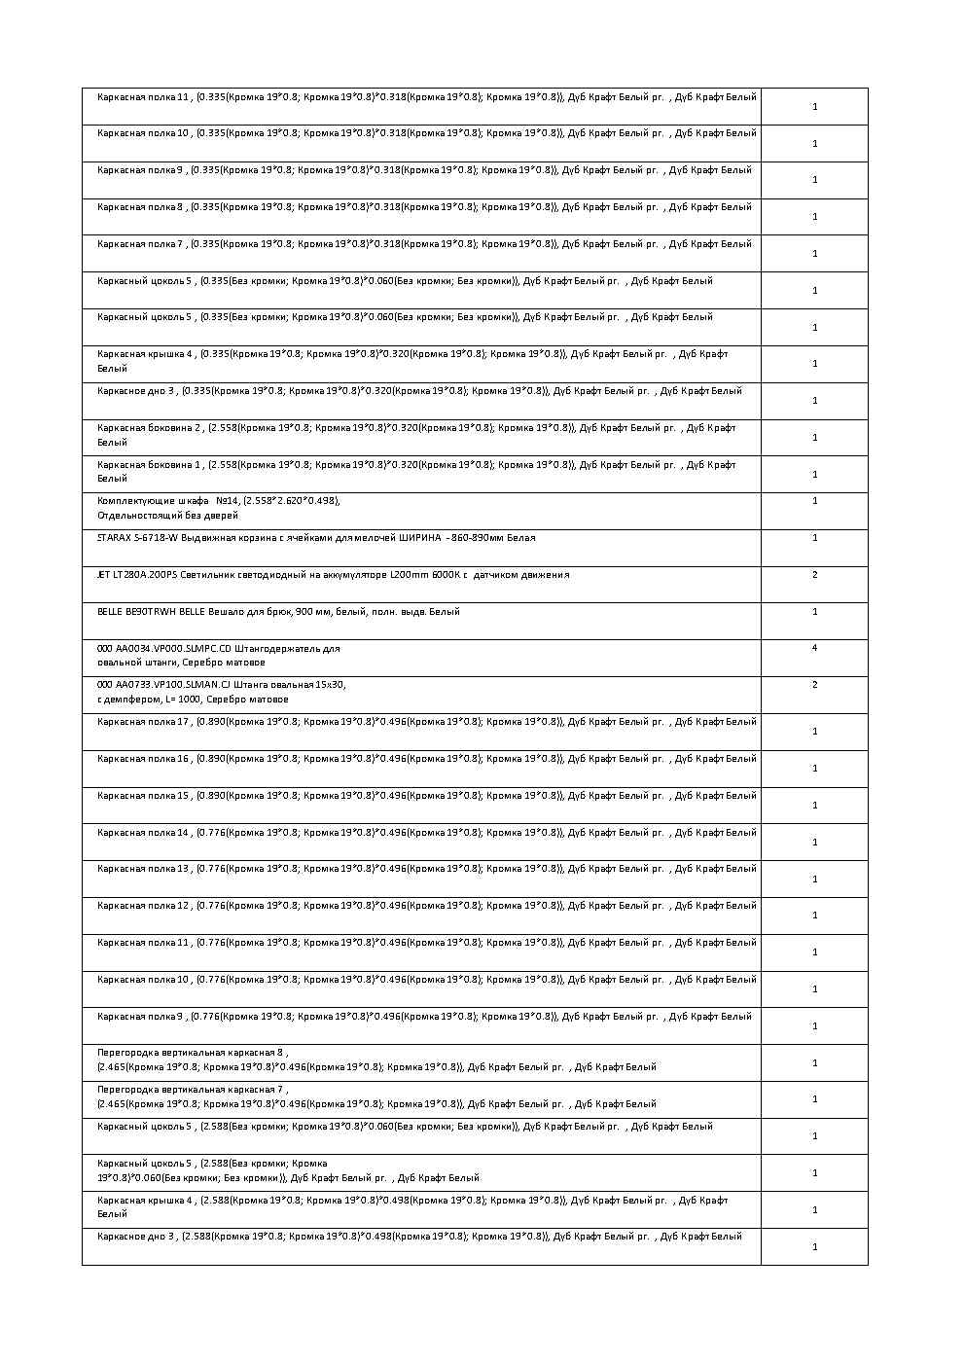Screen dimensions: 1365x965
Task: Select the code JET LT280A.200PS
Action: [137, 575]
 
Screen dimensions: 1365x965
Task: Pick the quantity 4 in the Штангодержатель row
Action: [814, 648]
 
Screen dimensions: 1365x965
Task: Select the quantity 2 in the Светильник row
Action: [814, 575]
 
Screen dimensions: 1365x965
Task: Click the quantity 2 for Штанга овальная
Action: [814, 685]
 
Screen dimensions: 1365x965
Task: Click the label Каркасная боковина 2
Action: [150, 427]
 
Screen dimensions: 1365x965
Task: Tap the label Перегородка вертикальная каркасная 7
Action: [191, 1090]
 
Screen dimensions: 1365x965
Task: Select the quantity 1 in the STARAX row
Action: [814, 538]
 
